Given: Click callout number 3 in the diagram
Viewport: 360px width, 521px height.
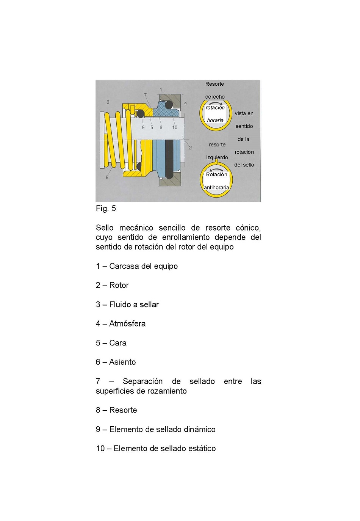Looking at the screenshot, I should click(x=108, y=102).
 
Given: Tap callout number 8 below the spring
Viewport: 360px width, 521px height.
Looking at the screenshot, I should click(x=107, y=177).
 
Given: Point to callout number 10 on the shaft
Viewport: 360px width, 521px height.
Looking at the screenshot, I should click(x=175, y=127).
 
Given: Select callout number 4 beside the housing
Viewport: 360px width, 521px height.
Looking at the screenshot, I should click(x=185, y=103).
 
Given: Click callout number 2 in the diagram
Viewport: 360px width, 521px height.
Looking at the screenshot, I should click(x=190, y=148).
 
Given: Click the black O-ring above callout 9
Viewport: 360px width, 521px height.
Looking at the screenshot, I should click(x=141, y=113).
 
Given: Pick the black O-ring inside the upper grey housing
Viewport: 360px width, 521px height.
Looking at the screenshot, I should click(x=169, y=105).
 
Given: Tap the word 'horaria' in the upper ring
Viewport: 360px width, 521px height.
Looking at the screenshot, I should click(x=215, y=120).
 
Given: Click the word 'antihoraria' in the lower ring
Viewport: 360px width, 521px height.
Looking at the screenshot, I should click(x=216, y=187).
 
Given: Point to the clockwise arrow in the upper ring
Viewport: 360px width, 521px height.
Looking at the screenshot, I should click(x=216, y=103).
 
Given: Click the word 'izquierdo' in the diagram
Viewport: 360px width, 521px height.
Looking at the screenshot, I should click(x=217, y=157).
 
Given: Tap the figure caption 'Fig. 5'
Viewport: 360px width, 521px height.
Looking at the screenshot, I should click(x=106, y=209).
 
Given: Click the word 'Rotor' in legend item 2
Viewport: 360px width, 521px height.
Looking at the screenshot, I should click(x=119, y=285).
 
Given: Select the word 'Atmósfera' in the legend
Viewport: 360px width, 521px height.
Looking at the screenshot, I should click(x=127, y=323).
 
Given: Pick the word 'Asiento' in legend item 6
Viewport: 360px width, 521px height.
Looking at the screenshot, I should click(x=122, y=362).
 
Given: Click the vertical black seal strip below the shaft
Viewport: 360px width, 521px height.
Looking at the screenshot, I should click(x=169, y=159).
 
